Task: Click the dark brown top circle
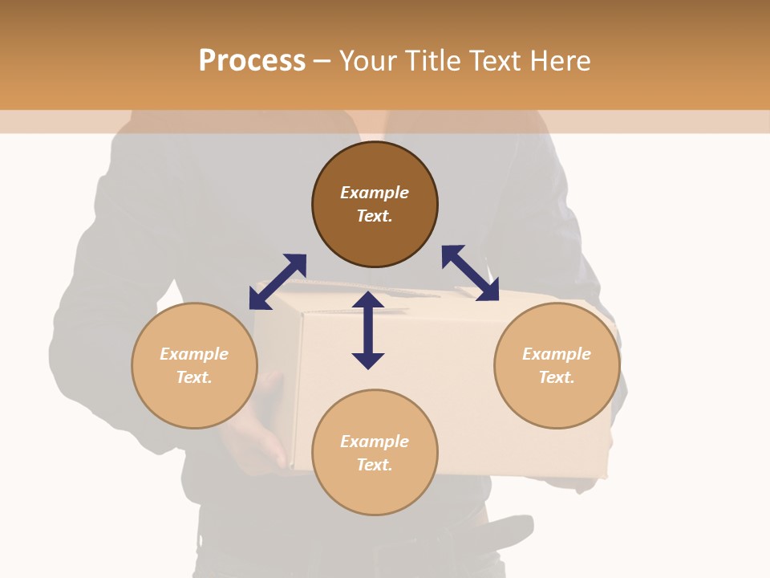(375, 205)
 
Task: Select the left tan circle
(194, 365)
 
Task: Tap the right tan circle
(557, 365)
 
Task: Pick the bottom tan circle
(375, 453)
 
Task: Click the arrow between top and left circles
(278, 282)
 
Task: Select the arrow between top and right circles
(470, 273)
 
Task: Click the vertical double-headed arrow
(368, 330)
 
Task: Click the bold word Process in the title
(252, 60)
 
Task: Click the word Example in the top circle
(375, 193)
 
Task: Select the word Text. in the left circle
(194, 377)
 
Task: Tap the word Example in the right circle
(557, 354)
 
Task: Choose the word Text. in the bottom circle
(375, 465)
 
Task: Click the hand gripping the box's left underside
(261, 438)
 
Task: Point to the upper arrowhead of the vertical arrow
(368, 301)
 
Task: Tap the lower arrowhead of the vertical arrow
(368, 360)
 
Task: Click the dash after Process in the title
(322, 61)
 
